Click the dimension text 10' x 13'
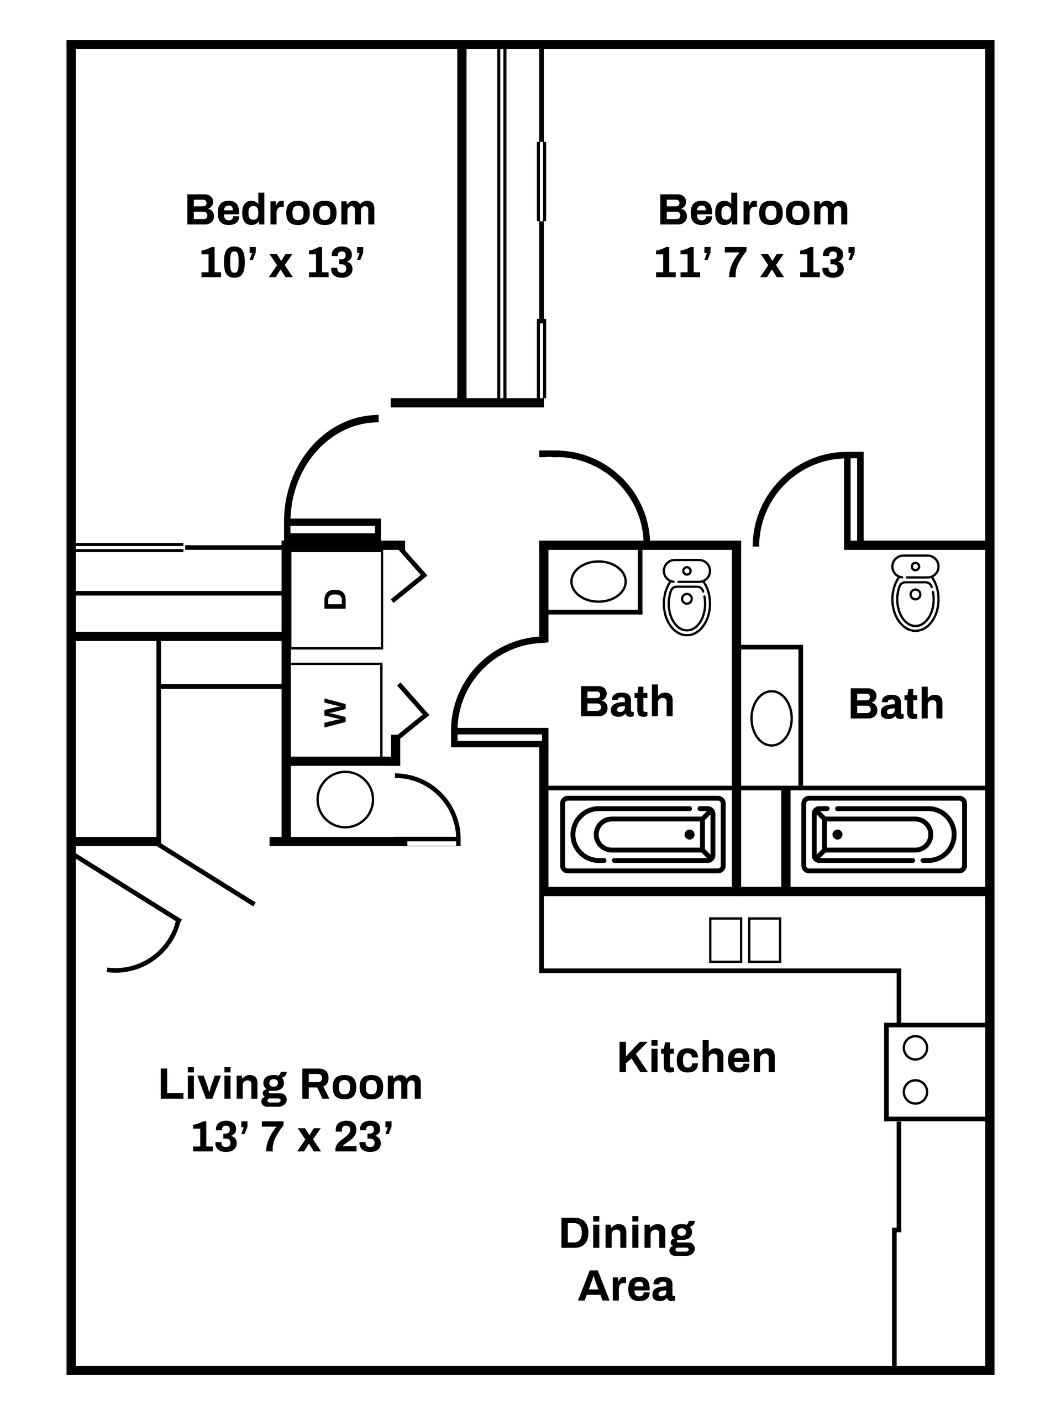tap(281, 263)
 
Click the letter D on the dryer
tap(335, 599)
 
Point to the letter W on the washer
tap(335, 712)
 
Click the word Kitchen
tap(696, 1058)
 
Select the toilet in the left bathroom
tap(687, 596)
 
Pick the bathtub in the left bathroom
tap(643, 834)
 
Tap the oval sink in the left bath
tap(598, 581)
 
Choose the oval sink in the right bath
tap(771, 718)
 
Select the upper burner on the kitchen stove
tap(915, 1048)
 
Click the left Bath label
tap(626, 702)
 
